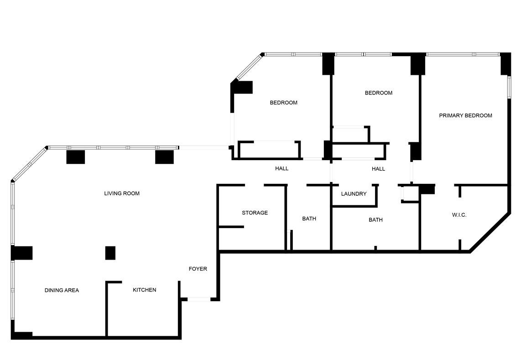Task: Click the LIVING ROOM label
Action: point(122,193)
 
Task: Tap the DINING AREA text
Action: point(62,290)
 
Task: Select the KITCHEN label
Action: point(145,290)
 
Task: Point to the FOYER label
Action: point(198,269)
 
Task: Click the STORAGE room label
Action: point(255,213)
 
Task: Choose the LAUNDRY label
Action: point(354,194)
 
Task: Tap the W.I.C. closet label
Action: point(459,215)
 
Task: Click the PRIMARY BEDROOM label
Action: point(466,115)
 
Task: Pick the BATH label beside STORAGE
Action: point(309,219)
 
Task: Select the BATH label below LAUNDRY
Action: point(376,220)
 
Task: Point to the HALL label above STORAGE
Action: point(282,168)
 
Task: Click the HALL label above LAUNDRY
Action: point(378,169)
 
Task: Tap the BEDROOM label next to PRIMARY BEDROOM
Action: point(379,93)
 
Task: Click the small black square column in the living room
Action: point(110,253)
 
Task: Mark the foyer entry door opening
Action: point(199,299)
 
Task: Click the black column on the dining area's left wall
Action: point(22,253)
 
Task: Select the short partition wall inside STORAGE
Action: point(231,227)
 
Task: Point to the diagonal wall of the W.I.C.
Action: point(490,232)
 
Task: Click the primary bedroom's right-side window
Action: point(509,87)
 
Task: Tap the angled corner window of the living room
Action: point(30,164)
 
